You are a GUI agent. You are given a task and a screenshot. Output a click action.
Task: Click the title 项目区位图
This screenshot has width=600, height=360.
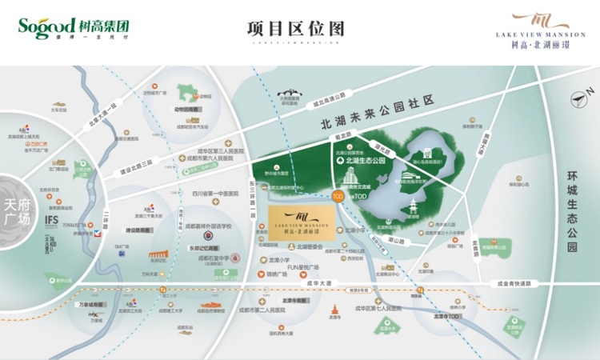pyautogui.click(x=295, y=28)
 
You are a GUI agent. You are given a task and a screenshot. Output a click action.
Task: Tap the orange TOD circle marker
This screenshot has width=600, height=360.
pyautogui.click(x=338, y=195)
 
